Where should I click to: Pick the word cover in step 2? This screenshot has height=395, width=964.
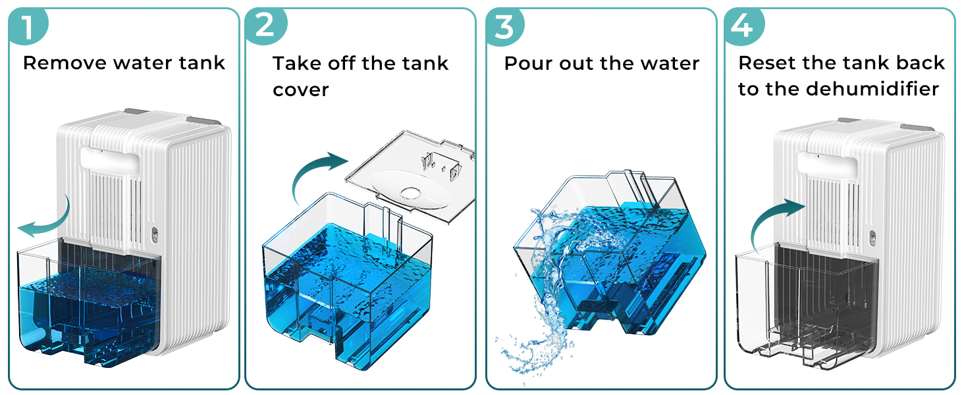click(300, 90)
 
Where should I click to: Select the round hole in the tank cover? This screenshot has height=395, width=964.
click(412, 193)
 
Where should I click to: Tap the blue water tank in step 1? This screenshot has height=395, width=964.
click(86, 300)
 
